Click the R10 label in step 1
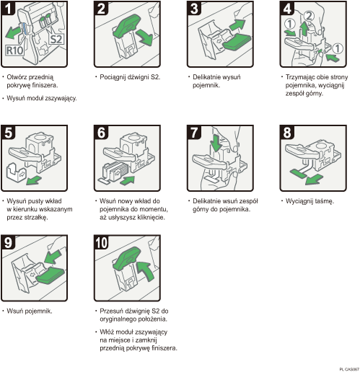pyautogui.click(x=16, y=51)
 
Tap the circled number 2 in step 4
pyautogui.click(x=309, y=16)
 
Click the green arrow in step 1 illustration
pyautogui.click(x=14, y=33)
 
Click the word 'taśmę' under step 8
pyautogui.click(x=323, y=201)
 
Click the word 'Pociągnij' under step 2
pyautogui.click(x=113, y=76)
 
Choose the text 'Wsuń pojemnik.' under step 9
pyautogui.click(x=27, y=311)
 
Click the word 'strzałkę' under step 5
pyautogui.click(x=35, y=217)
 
